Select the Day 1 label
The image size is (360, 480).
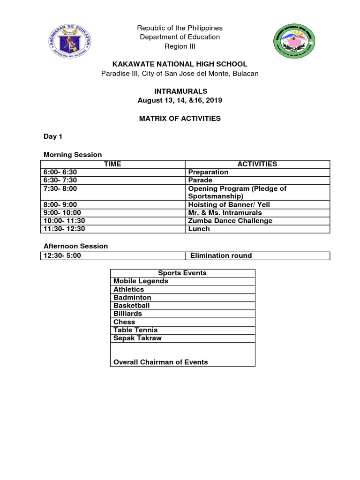(52, 136)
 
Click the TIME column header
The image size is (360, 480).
(112, 164)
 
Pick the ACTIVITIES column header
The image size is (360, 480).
(257, 164)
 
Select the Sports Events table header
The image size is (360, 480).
(182, 273)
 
